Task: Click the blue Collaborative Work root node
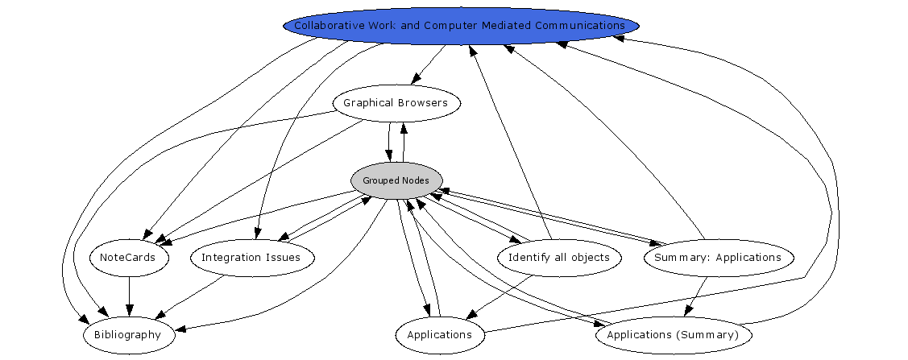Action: pyautogui.click(x=460, y=25)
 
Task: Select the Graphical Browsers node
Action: pyautogui.click(x=396, y=103)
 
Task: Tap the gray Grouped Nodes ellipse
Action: pyautogui.click(x=396, y=180)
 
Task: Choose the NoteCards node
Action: pyautogui.click(x=129, y=258)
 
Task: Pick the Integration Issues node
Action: pyautogui.click(x=251, y=258)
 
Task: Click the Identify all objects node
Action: pyautogui.click(x=559, y=258)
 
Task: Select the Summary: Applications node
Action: pyautogui.click(x=717, y=258)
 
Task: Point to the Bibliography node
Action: pyautogui.click(x=127, y=334)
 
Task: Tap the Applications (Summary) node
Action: pyautogui.click(x=672, y=334)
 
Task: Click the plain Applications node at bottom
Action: pyautogui.click(x=439, y=334)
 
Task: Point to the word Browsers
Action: pyautogui.click(x=422, y=103)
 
